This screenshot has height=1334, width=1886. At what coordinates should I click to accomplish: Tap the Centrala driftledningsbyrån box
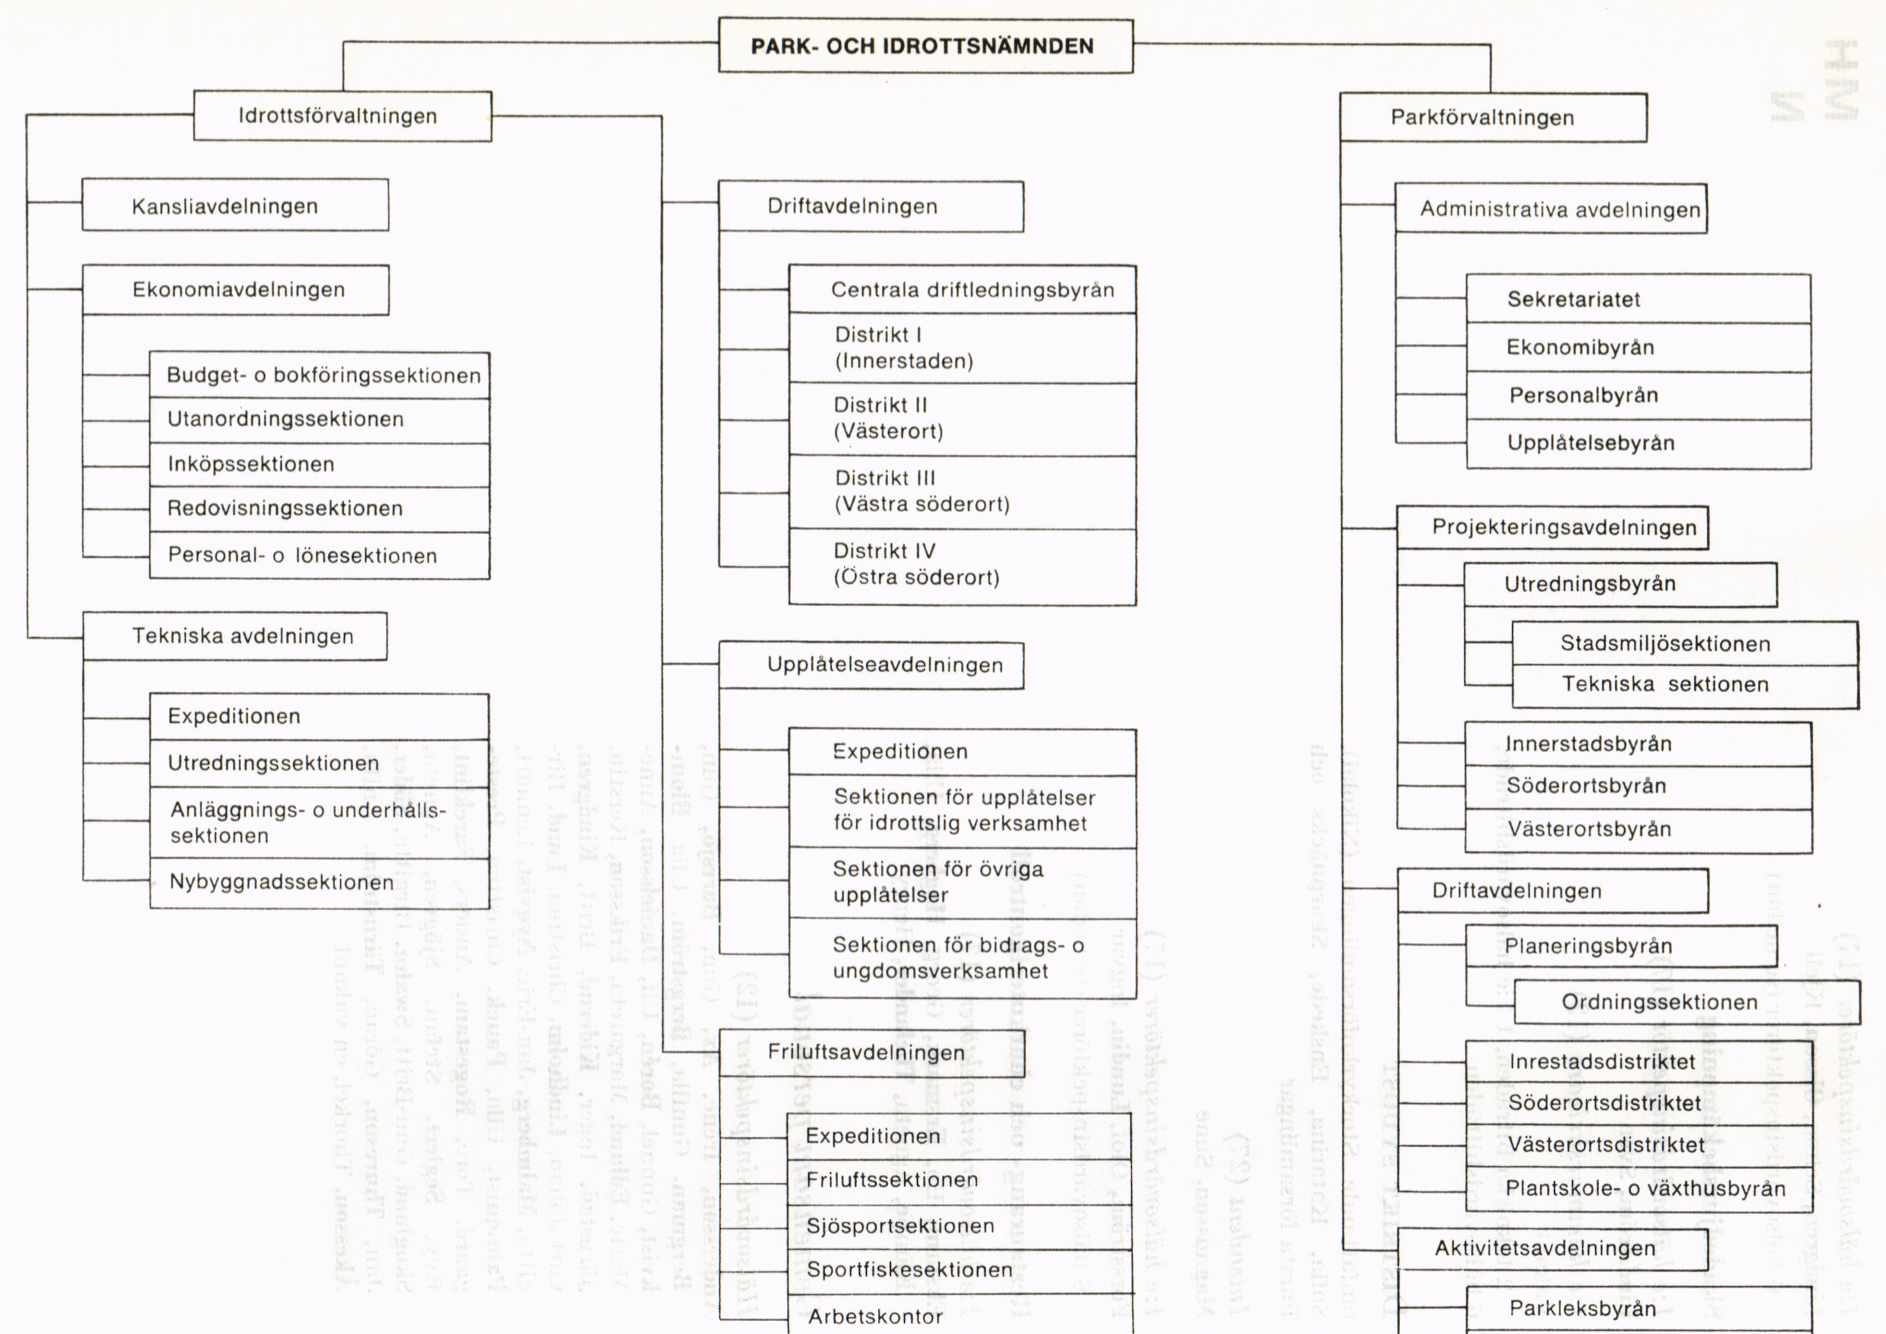pos(962,290)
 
